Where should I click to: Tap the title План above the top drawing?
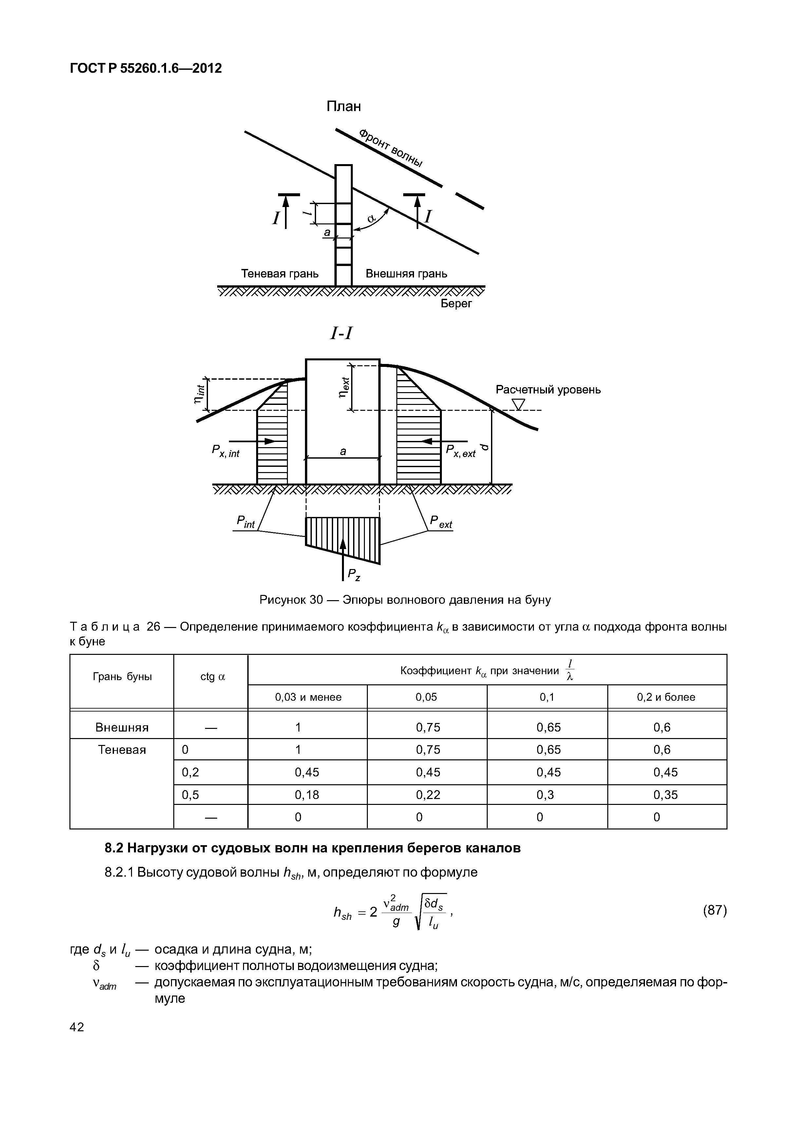(344, 106)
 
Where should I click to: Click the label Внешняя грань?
(406, 274)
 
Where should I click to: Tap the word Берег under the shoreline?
(456, 303)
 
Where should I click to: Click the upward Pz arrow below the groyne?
(343, 557)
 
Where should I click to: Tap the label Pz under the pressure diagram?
(354, 575)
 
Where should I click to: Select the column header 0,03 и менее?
(308, 697)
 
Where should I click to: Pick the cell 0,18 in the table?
(307, 795)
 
